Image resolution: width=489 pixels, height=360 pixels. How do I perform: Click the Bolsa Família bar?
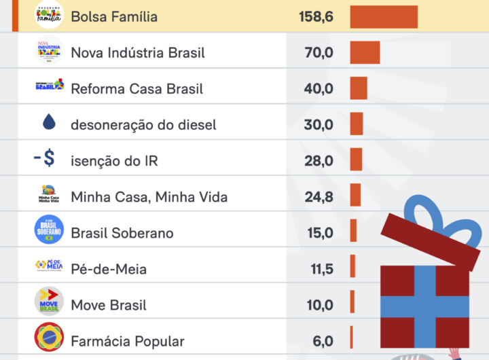(x=384, y=16)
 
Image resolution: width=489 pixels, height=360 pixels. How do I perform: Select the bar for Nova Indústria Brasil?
(x=365, y=52)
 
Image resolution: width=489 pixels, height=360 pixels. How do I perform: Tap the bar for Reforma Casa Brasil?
(x=359, y=88)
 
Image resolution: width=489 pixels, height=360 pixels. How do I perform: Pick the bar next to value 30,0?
(x=357, y=124)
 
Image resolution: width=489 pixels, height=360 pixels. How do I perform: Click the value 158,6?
(x=316, y=16)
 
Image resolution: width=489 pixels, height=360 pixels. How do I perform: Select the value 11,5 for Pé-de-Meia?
(x=322, y=269)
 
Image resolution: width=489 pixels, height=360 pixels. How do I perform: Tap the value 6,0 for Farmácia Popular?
(x=323, y=341)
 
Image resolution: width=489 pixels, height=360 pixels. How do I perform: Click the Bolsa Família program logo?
(x=49, y=15)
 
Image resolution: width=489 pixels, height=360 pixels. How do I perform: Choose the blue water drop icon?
(x=49, y=122)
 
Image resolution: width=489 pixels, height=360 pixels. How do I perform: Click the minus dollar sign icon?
(x=46, y=159)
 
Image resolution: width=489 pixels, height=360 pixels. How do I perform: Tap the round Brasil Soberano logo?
(x=49, y=230)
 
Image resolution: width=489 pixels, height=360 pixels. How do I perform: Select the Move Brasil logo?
(x=49, y=302)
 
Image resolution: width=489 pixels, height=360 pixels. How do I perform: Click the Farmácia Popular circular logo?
(x=49, y=338)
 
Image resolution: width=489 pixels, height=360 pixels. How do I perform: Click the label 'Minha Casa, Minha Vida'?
(x=149, y=197)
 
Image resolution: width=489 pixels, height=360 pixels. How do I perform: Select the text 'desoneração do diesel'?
(x=143, y=124)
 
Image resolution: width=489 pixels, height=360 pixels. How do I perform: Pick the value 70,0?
(x=320, y=52)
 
